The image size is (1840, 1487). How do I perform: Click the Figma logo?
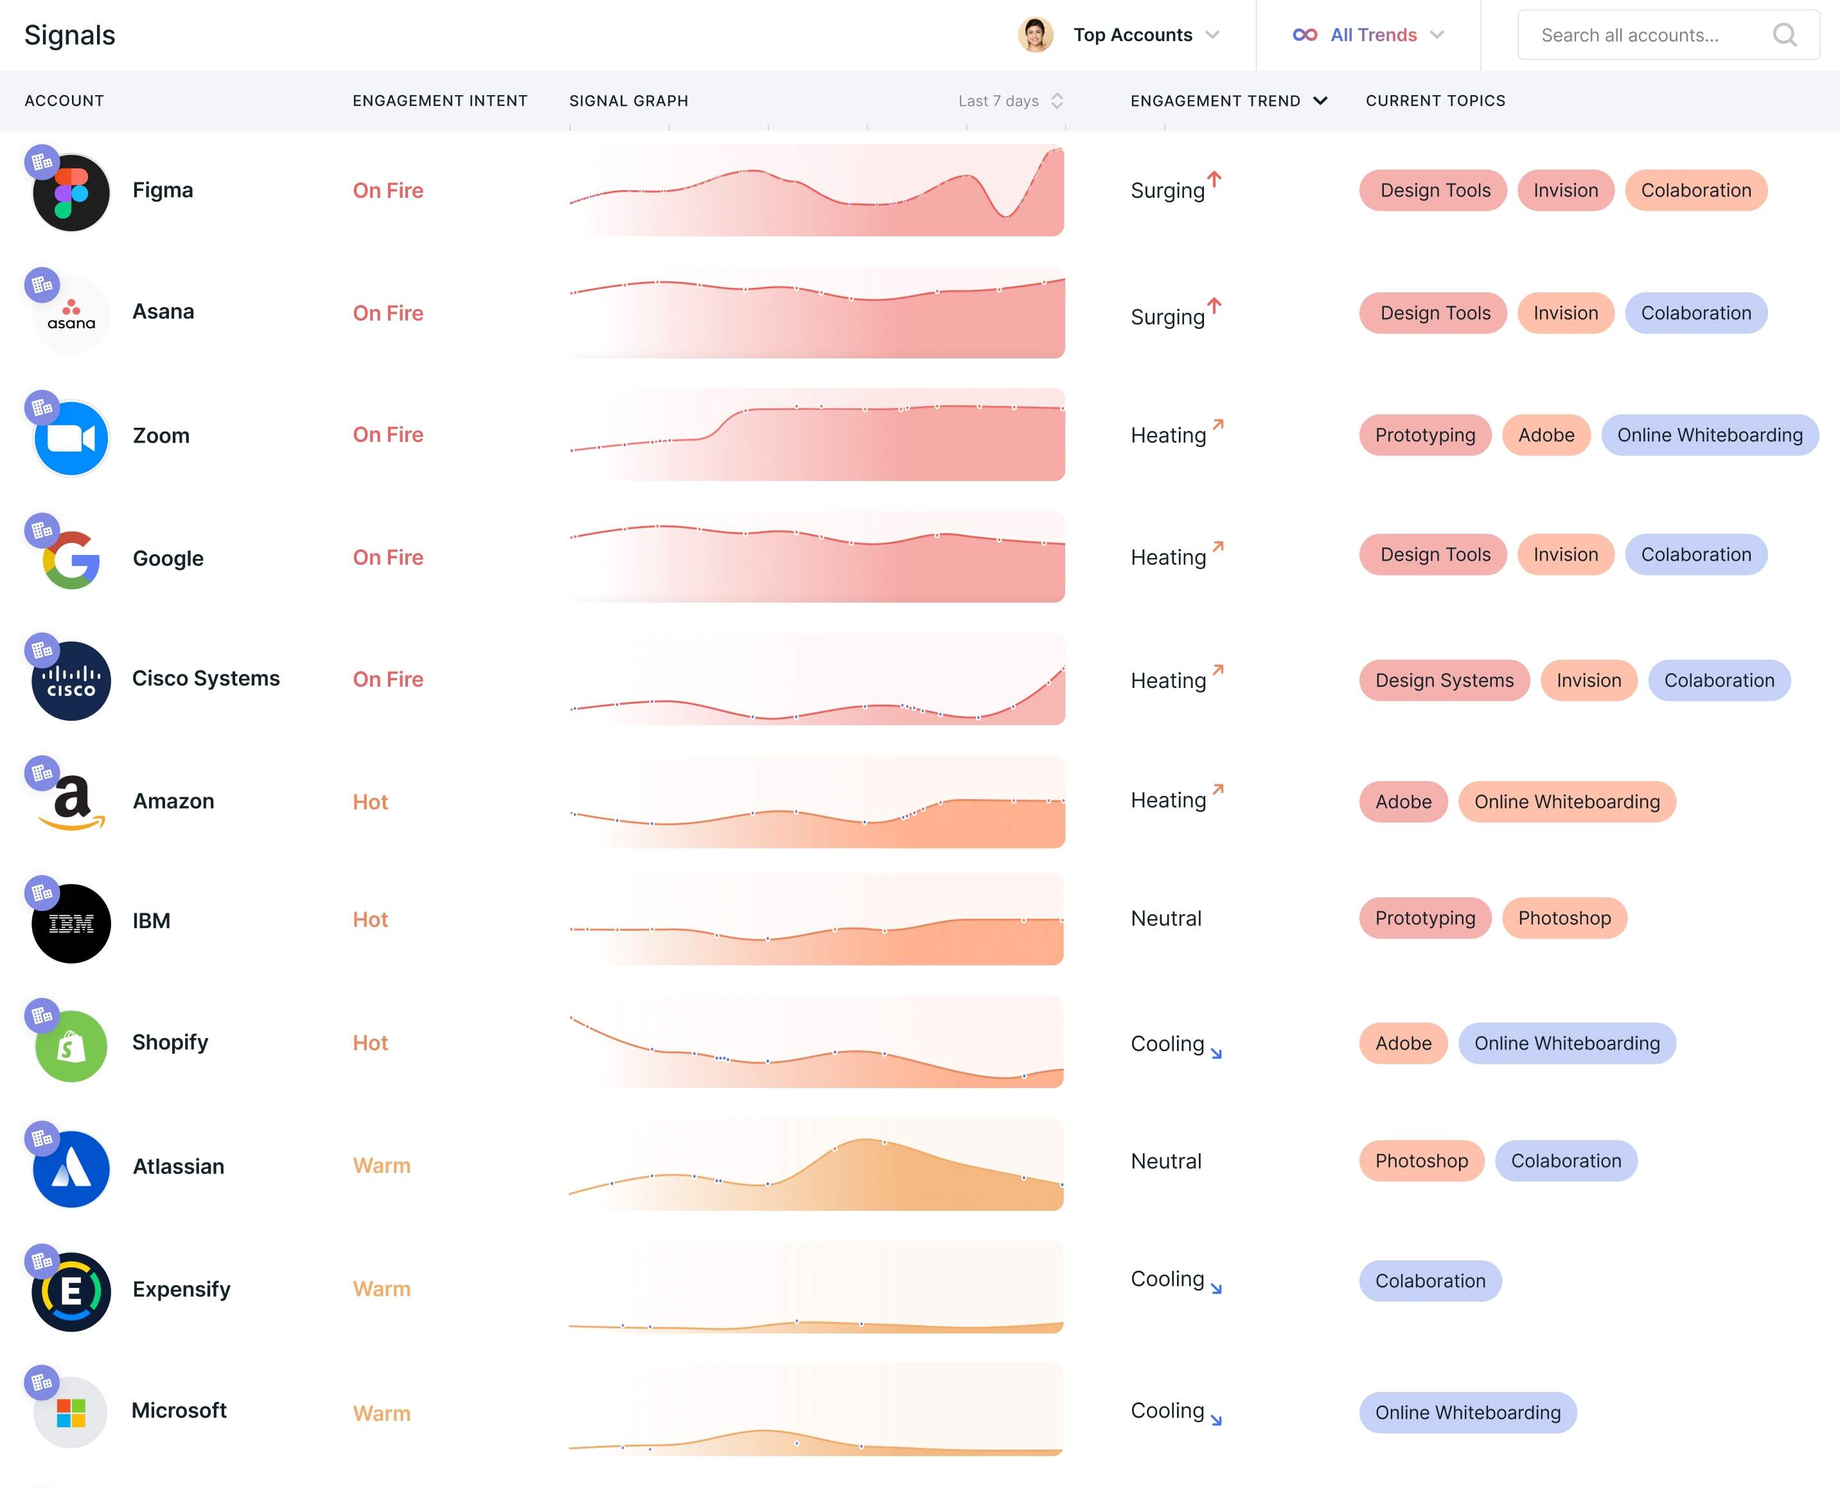[71, 193]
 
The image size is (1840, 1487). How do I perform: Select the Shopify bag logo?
[71, 1046]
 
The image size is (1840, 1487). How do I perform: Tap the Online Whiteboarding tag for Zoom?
[1709, 435]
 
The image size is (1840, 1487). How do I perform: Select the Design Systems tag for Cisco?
[1444, 680]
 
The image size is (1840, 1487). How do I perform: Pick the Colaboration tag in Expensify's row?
[1429, 1281]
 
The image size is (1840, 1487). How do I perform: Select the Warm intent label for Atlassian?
[381, 1166]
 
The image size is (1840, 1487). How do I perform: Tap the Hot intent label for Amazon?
[370, 802]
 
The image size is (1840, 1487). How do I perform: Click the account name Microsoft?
[179, 1411]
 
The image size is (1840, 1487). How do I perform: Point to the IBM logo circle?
[71, 924]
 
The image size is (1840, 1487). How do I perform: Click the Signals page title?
[69, 35]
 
